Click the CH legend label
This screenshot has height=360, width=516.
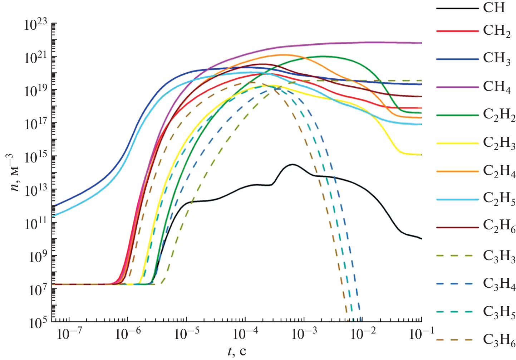coord(494,7)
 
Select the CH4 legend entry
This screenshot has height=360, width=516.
coord(497,87)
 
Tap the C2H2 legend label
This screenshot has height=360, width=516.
coord(499,115)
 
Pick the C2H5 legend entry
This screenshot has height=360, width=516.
coord(499,199)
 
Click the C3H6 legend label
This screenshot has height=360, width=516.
coord(499,340)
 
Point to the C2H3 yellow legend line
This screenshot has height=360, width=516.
coord(457,143)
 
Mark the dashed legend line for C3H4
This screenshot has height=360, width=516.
coord(457,284)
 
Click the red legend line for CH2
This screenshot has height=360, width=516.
coord(457,31)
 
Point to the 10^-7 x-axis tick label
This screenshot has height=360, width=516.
coord(69,335)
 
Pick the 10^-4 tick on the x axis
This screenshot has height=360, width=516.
coord(245,335)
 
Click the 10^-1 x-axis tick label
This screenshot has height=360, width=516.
coord(421,335)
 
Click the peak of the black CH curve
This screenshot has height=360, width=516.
coord(293,164)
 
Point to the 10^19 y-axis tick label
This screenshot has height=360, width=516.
coord(35,91)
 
